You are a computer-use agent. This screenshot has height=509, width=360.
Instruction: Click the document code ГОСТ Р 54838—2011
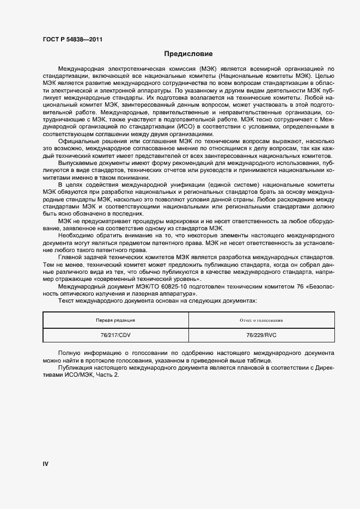[x=72, y=40]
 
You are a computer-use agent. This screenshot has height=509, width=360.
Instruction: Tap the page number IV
[x=46, y=464]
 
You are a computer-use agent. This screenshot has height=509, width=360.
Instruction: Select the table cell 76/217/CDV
[x=115, y=335]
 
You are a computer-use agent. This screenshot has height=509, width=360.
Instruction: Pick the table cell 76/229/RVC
[x=261, y=335]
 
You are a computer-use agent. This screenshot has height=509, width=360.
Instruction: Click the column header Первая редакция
[x=115, y=320]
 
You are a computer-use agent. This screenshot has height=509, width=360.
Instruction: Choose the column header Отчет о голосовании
[x=261, y=320]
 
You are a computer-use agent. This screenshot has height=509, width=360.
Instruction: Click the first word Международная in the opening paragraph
[x=81, y=69]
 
